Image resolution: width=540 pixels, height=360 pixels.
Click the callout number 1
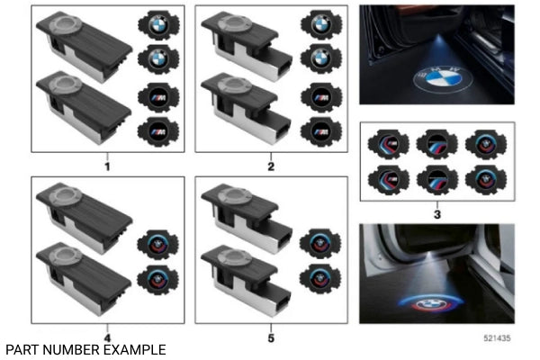click(107, 166)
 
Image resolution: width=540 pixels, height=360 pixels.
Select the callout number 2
click(271, 166)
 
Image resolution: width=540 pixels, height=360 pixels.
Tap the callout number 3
click(437, 214)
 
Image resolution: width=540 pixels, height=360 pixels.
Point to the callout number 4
click(107, 338)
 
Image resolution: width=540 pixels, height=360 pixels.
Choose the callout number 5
click(271, 338)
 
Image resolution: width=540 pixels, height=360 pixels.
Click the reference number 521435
click(497, 338)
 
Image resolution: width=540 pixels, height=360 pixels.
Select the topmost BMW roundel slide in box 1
click(158, 25)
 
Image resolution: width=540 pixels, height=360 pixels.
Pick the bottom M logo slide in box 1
click(158, 131)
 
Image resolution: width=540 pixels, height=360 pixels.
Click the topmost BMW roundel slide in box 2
click(321, 25)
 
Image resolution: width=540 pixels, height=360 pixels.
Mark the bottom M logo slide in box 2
click(321, 131)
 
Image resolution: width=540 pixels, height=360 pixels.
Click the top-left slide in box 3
click(389, 144)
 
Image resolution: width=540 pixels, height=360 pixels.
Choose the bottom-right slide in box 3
click(486, 180)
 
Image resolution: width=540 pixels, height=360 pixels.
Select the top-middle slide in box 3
click(437, 144)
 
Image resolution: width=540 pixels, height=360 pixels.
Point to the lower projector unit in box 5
click(247, 280)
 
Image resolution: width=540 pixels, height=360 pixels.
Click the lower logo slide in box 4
click(157, 280)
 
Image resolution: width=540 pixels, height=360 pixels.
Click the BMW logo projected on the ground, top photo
click(437, 79)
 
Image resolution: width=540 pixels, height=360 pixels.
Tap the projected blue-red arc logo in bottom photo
click(430, 304)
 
